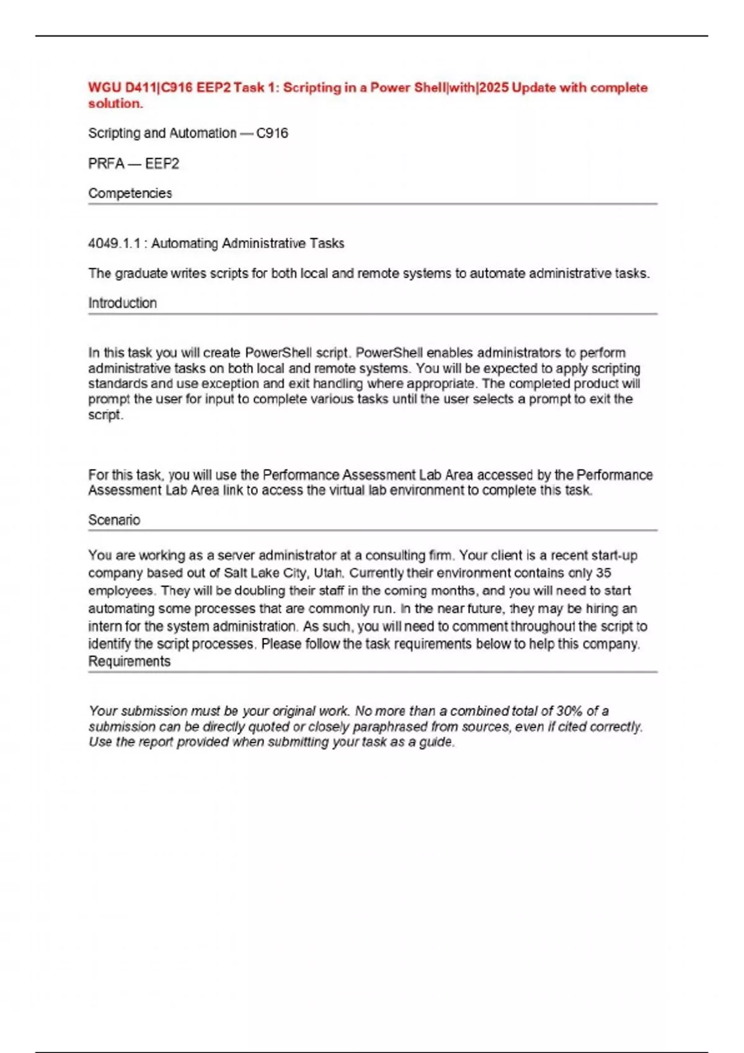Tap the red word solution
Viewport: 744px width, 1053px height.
click(x=115, y=103)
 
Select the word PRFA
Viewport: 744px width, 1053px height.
click(x=106, y=164)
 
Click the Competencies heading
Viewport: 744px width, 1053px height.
click(x=130, y=193)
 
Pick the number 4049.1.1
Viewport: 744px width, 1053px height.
click(x=115, y=243)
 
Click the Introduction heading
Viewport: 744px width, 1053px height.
click(x=122, y=303)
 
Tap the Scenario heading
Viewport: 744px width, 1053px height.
click(x=114, y=520)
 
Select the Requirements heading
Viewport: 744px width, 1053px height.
click(x=129, y=662)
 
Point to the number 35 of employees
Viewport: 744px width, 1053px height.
click(x=603, y=573)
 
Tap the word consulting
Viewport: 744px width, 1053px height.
click(x=396, y=555)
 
